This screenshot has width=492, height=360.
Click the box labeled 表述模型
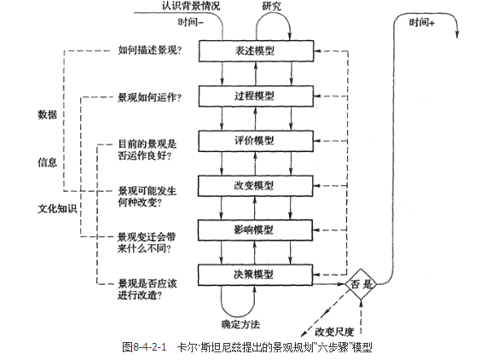click(x=257, y=51)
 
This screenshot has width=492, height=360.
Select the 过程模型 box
click(x=257, y=96)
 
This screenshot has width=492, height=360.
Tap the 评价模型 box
click(x=257, y=140)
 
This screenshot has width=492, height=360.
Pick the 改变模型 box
click(x=257, y=185)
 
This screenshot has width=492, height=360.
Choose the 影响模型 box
click(x=257, y=229)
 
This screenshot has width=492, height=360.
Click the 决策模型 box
click(x=257, y=274)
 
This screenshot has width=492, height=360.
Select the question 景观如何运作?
click(x=148, y=96)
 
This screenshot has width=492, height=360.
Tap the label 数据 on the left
click(x=48, y=114)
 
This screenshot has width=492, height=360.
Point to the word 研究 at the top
click(x=272, y=6)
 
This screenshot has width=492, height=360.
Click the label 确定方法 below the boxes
click(x=240, y=326)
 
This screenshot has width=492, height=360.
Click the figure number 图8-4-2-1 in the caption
click(x=145, y=347)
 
